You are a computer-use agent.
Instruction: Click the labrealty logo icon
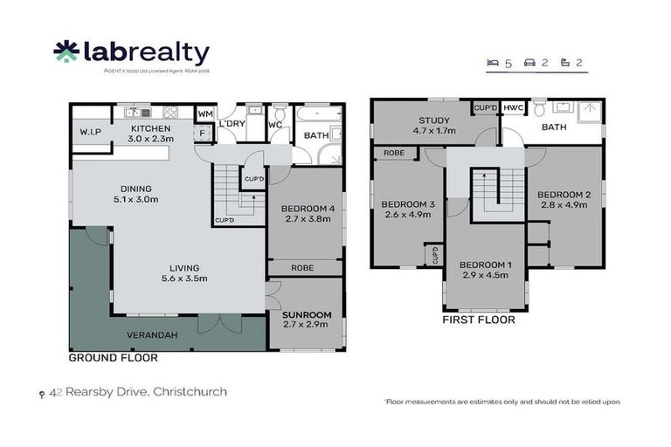point(66,53)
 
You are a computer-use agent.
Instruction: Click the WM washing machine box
point(204,114)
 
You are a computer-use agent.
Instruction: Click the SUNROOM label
point(306,314)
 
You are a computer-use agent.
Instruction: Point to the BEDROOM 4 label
point(306,209)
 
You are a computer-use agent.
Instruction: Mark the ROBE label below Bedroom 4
point(302,268)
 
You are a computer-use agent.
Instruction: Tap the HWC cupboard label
point(513,107)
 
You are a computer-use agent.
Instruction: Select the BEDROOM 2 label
point(564,194)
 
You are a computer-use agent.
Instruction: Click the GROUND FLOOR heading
point(114,358)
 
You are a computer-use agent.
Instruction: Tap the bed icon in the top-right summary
point(494,63)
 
